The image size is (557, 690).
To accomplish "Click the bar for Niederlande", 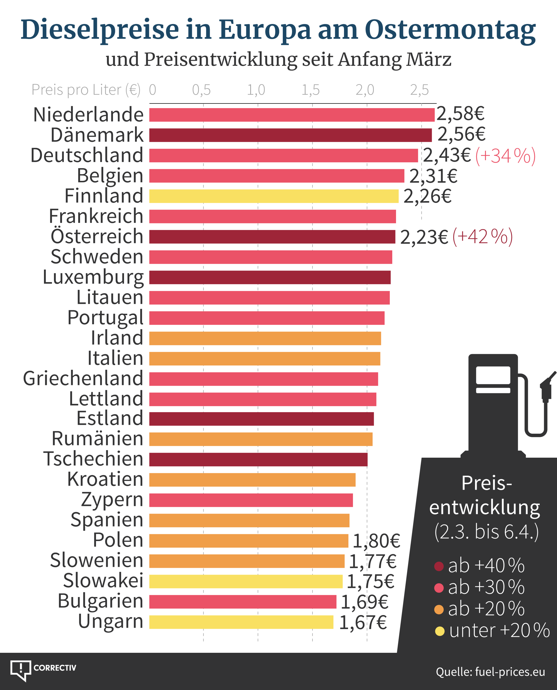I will [x=292, y=115].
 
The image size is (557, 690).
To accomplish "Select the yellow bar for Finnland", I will [x=274, y=196].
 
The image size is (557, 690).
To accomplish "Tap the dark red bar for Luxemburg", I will [x=270, y=277].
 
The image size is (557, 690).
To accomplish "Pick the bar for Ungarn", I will [x=241, y=622].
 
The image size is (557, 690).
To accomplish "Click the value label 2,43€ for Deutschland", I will [x=447, y=156].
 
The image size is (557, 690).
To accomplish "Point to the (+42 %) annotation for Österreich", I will [x=482, y=237].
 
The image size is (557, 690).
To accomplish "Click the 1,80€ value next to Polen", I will [x=376, y=541].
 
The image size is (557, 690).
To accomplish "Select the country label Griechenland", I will [x=83, y=378].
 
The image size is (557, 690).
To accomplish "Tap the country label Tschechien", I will [x=93, y=459].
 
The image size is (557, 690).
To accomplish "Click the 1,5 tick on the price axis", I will [x=310, y=90].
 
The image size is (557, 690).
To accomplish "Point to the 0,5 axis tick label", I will [x=201, y=90].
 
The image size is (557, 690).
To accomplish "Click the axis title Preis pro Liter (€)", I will [x=86, y=90].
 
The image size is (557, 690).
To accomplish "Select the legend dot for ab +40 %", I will [x=439, y=566].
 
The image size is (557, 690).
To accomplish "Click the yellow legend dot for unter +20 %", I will [x=439, y=631].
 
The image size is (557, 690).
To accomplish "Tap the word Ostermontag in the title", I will [x=450, y=30].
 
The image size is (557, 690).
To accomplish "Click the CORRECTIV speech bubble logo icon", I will [x=21, y=670].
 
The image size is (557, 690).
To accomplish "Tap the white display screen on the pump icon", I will [x=493, y=375].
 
